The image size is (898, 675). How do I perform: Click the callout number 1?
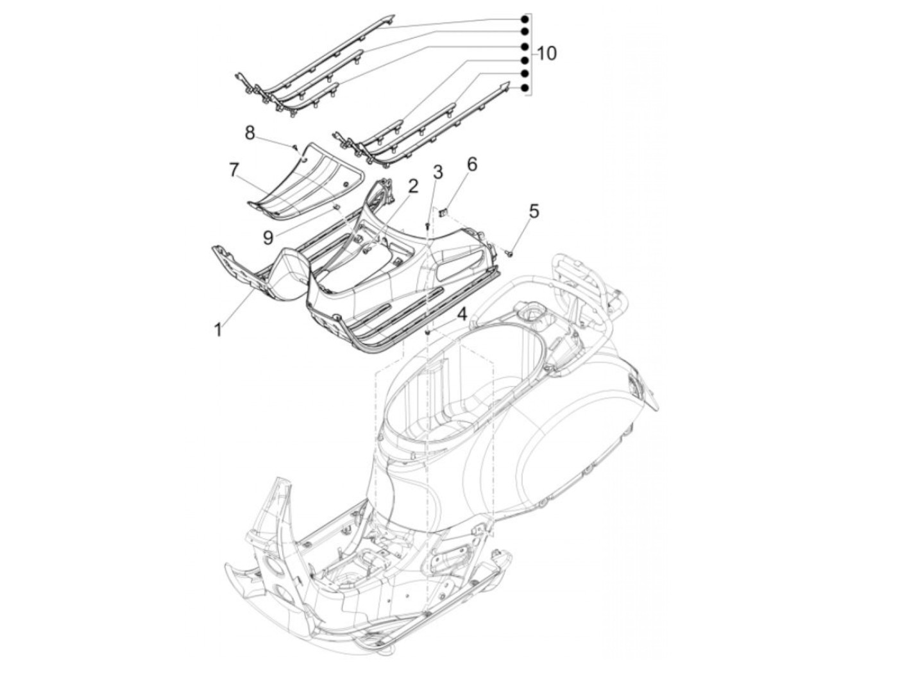[x=218, y=330]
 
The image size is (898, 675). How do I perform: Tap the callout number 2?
[x=413, y=187]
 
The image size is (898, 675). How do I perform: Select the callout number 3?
[x=437, y=172]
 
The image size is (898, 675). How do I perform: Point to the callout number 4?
[x=462, y=314]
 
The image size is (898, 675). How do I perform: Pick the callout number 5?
[x=534, y=210]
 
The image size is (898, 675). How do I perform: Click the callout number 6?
[x=471, y=164]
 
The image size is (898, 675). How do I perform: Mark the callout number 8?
[x=250, y=133]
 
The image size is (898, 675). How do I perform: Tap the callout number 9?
[x=268, y=237]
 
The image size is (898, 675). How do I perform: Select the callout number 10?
[x=546, y=53]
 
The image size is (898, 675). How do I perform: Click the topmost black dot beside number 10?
[x=524, y=18]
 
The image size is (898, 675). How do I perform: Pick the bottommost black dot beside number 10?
[x=524, y=88]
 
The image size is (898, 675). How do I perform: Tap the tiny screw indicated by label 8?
[x=295, y=146]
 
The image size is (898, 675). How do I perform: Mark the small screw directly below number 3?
[x=428, y=226]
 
